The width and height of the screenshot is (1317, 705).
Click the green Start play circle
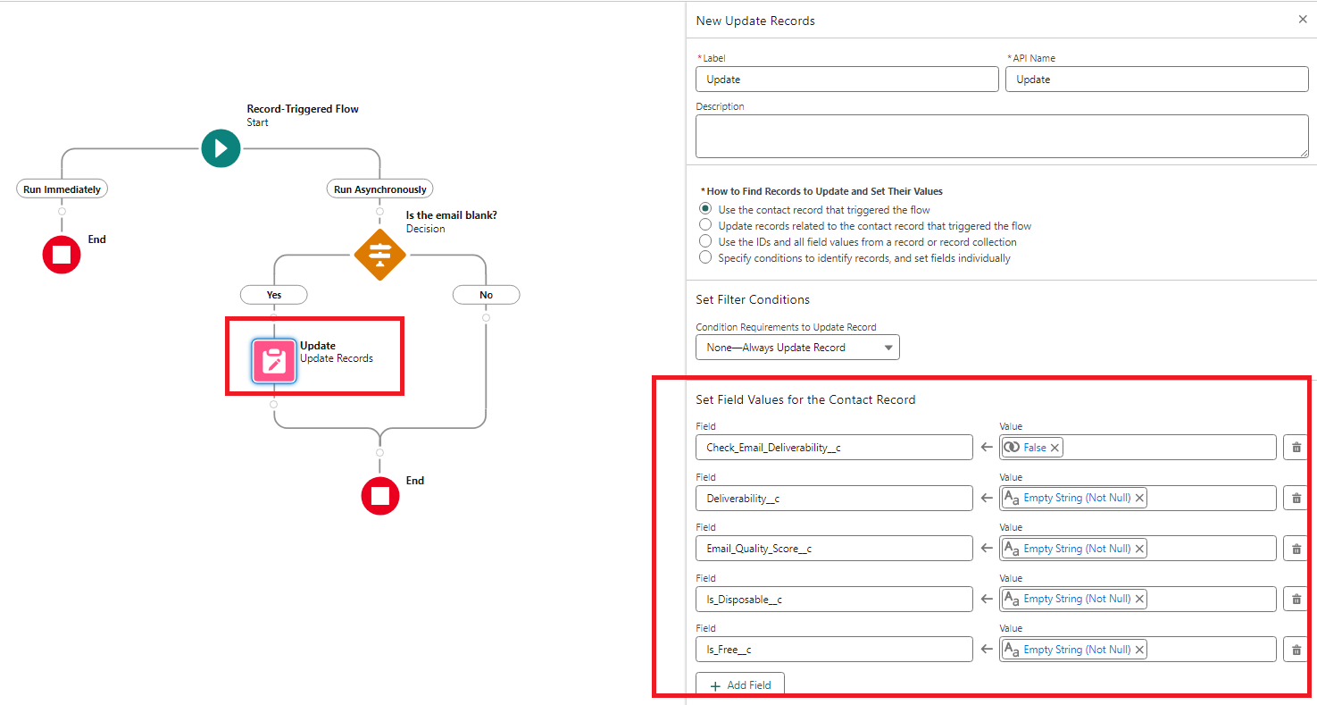pos(221,148)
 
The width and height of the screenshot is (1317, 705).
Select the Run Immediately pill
pos(62,189)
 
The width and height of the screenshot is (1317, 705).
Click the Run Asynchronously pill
pos(379,189)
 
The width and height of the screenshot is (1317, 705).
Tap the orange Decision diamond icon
pos(380,255)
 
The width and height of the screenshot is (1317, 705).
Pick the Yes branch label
pos(274,295)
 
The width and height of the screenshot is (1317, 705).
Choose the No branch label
pos(486,295)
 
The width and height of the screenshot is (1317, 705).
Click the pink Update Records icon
pos(274,361)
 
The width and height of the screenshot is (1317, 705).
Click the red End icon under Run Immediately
pos(62,255)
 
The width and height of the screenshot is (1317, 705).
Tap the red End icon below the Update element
pos(380,496)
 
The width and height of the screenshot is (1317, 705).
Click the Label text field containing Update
pos(846,80)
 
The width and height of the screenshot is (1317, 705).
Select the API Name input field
pos(1156,80)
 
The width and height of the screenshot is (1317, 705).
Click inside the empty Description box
pos(1001,136)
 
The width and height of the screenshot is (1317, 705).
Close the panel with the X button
pos(1302,20)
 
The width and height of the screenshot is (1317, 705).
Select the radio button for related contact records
pos(705,226)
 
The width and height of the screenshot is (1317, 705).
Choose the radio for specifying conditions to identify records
pos(705,258)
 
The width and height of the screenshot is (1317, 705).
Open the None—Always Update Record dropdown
pos(797,348)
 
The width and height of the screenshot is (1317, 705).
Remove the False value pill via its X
pos(1054,448)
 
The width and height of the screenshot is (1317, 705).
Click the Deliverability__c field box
pos(834,499)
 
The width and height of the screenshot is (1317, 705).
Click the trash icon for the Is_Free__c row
pos(1296,650)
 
